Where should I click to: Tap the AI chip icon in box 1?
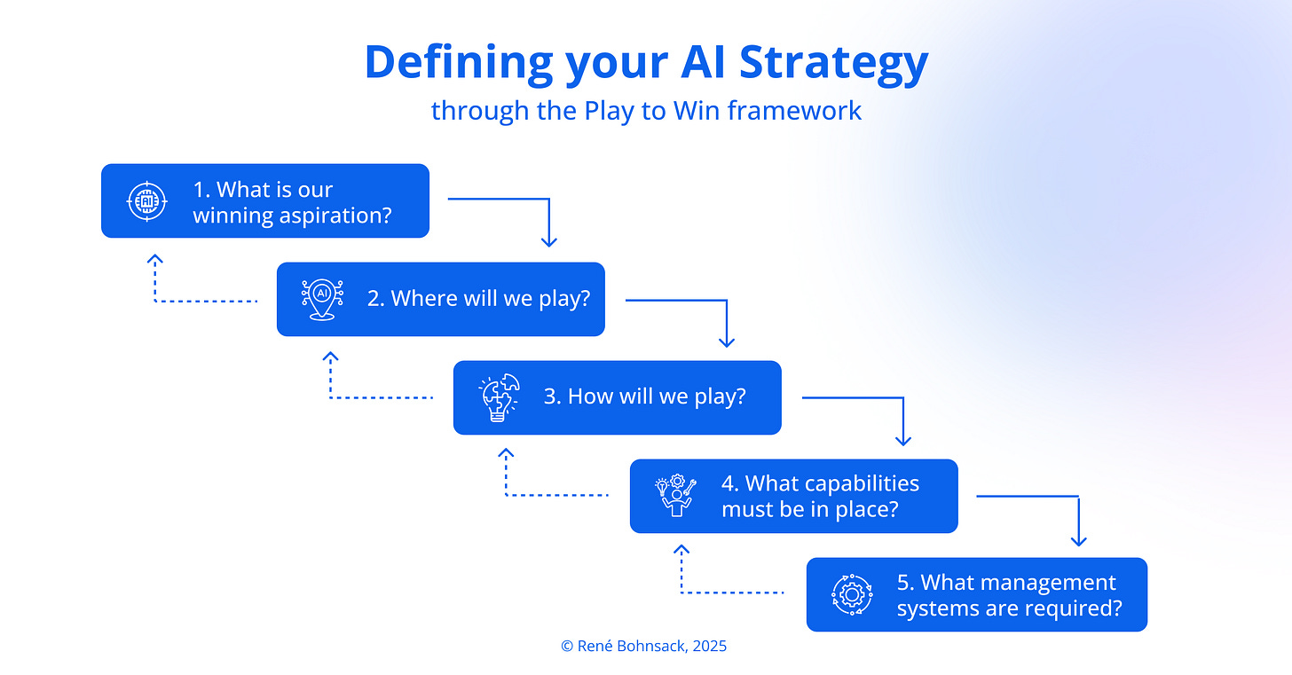pyautogui.click(x=146, y=201)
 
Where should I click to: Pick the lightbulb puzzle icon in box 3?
pyautogui.click(x=498, y=398)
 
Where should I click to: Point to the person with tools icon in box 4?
pyautogui.click(x=675, y=497)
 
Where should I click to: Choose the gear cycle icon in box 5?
pyautogui.click(x=851, y=594)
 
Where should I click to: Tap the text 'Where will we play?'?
pyautogui.click(x=478, y=299)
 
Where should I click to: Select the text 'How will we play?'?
pyautogui.click(x=644, y=396)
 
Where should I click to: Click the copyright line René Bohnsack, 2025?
pyautogui.click(x=643, y=647)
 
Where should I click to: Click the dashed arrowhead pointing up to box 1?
pyautogui.click(x=155, y=259)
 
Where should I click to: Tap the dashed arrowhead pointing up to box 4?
pyautogui.click(x=681, y=551)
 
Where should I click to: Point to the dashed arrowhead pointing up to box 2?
pyautogui.click(x=330, y=357)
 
